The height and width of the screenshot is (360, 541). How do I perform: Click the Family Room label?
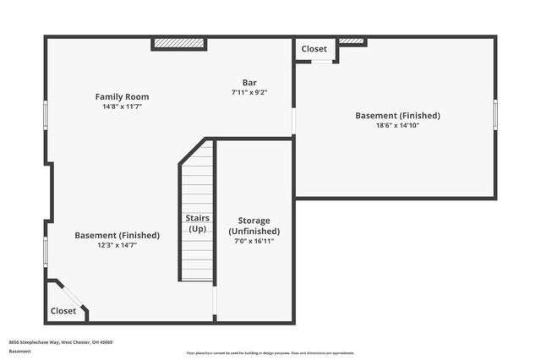(122, 97)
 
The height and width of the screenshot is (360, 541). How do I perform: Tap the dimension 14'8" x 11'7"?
(122, 107)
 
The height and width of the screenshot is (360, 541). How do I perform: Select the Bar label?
(249, 82)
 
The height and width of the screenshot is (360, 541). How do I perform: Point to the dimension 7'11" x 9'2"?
(249, 92)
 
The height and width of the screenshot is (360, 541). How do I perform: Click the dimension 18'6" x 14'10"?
(397, 126)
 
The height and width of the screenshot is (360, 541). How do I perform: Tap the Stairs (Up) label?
(197, 223)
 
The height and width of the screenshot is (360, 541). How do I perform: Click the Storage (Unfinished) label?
(254, 226)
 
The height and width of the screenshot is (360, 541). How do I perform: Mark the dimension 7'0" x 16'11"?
(254, 241)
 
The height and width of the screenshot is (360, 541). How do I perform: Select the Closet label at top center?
(314, 49)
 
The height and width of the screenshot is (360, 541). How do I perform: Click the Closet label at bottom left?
(63, 311)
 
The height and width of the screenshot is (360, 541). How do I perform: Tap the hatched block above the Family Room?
(178, 43)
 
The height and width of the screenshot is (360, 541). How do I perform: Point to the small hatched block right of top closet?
(352, 41)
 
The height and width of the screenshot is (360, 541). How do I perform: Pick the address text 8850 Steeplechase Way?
(61, 342)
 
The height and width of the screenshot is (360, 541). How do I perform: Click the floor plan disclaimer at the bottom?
(270, 352)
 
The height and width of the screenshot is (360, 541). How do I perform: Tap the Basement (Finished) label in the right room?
(397, 116)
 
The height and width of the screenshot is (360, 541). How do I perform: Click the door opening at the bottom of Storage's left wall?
(215, 301)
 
